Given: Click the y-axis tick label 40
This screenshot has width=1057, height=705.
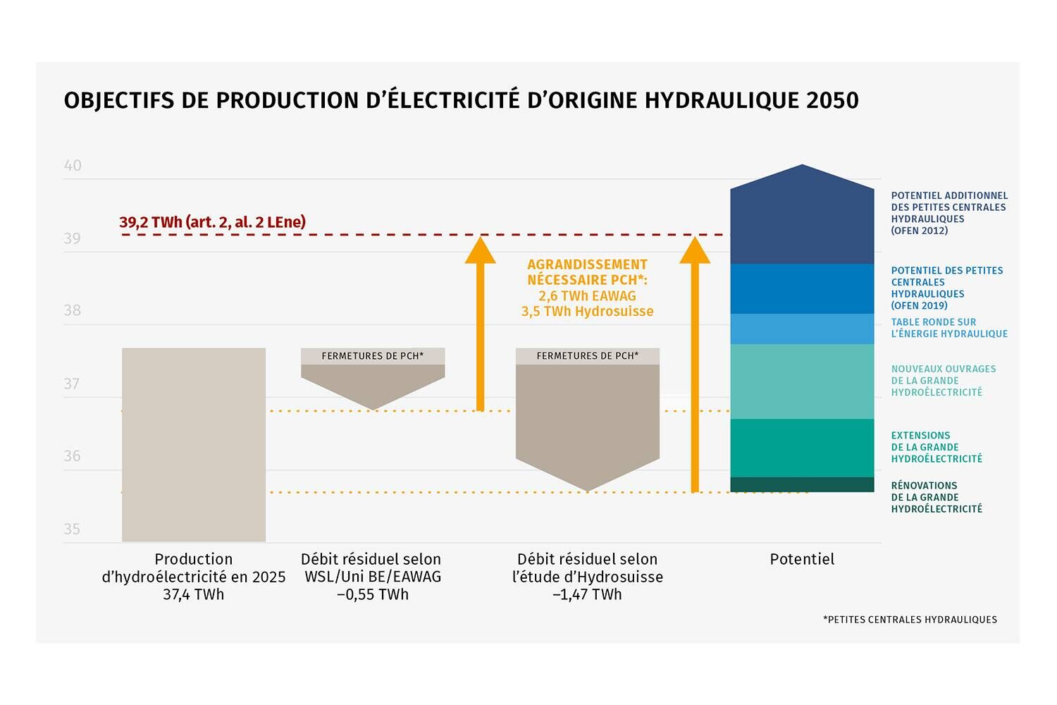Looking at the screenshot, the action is click(x=73, y=165).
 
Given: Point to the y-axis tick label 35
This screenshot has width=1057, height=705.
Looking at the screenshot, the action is click(x=72, y=529).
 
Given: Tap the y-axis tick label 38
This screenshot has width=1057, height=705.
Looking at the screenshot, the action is click(x=72, y=310).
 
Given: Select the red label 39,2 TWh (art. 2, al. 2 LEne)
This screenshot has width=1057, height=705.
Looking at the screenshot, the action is click(x=212, y=222).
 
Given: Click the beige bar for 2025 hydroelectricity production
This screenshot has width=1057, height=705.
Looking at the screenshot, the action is click(x=194, y=445).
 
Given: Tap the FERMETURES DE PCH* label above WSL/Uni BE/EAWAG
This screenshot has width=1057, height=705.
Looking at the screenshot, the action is click(x=373, y=356).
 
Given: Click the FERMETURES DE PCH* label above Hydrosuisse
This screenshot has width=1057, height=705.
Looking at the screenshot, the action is click(x=588, y=356).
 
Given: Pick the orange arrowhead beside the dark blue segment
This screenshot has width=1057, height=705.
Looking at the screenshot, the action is click(x=695, y=250).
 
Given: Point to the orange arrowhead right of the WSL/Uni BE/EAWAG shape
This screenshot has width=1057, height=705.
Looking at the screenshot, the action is click(x=481, y=250).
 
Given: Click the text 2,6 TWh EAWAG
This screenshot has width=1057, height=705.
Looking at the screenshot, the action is click(x=588, y=296).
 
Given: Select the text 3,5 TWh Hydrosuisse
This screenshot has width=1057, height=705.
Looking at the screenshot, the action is click(x=588, y=312).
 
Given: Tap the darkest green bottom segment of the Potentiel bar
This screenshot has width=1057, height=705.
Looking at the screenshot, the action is click(x=802, y=484).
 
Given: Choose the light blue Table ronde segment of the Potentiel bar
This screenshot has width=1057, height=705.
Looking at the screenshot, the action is click(x=802, y=329).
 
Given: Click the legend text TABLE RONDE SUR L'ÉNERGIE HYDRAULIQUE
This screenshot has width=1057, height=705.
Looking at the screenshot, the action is click(x=949, y=328).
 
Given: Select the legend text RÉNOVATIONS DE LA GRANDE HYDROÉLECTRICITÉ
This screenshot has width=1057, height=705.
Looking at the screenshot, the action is click(x=937, y=497).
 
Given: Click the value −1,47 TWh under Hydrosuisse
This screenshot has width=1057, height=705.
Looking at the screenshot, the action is click(x=588, y=594).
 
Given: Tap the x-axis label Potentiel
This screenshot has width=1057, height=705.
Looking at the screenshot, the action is click(x=802, y=559).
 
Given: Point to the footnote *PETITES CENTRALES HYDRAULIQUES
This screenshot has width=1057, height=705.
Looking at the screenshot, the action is click(x=910, y=620).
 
